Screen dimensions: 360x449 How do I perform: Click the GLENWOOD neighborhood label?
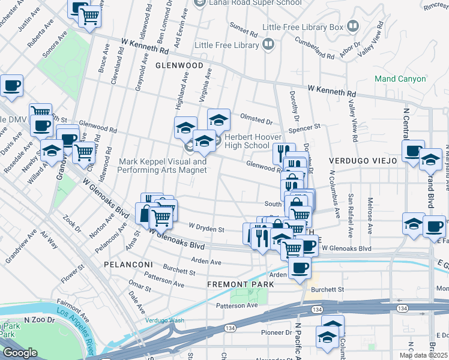[x=179, y=65]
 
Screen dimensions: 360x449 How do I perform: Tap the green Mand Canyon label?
[x=400, y=79]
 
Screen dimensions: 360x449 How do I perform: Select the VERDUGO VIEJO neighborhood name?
[x=363, y=161]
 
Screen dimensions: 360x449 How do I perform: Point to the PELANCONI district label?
[x=126, y=264]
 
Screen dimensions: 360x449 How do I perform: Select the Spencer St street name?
[x=305, y=128]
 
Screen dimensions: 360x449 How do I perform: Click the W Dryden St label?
[x=206, y=228]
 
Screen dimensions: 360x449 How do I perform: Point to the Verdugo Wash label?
[x=164, y=320]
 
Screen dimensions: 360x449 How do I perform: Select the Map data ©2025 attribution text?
[x=423, y=355]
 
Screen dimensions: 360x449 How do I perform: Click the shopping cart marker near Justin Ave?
[x=89, y=16]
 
